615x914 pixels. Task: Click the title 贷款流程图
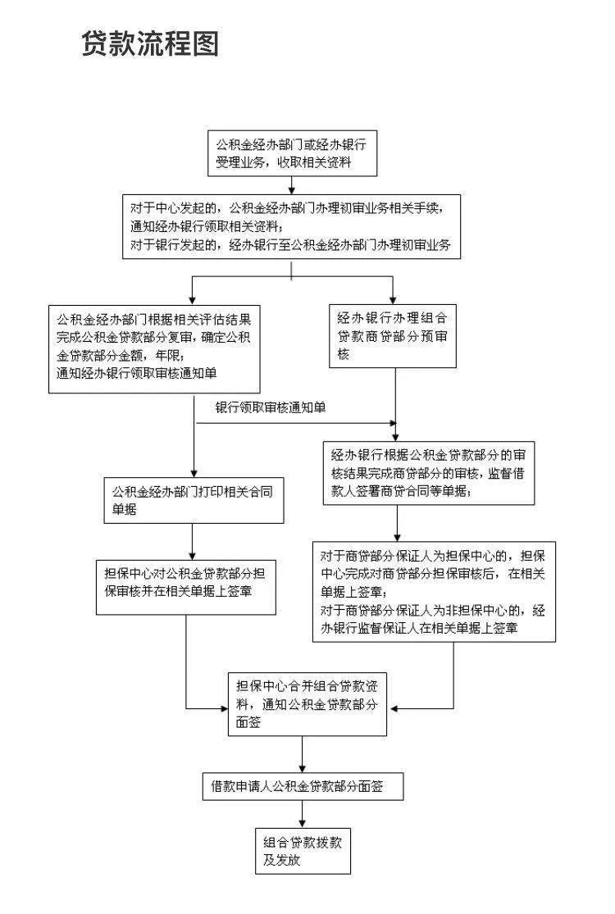(x=150, y=43)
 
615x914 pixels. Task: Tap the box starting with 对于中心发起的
(x=291, y=226)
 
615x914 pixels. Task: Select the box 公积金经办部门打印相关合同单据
(x=194, y=500)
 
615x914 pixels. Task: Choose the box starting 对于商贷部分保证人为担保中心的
(x=434, y=590)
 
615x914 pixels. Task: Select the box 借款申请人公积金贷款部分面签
(x=303, y=787)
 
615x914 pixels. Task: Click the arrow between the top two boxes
(x=291, y=185)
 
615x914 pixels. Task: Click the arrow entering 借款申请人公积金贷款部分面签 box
(x=303, y=755)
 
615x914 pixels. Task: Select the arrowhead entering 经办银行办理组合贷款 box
(x=395, y=299)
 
